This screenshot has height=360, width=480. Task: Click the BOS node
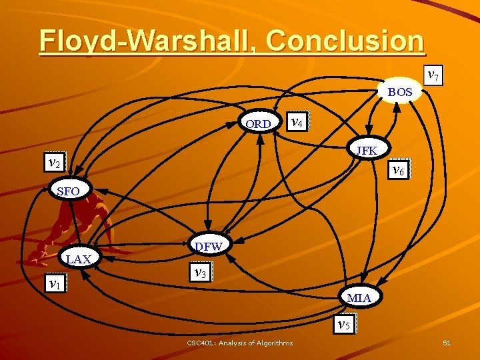(400, 92)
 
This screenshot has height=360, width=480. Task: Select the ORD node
(258, 123)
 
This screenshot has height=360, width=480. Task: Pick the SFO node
(69, 191)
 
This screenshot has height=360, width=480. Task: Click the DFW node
(208, 247)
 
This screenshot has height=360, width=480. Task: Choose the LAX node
(79, 259)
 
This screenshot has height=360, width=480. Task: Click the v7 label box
(433, 75)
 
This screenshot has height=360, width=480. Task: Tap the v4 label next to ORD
(298, 121)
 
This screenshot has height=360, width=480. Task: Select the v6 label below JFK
(398, 170)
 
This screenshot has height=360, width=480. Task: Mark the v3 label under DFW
(199, 272)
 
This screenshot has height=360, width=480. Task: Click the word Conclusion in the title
(344, 40)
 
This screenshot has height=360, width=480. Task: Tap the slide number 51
(447, 343)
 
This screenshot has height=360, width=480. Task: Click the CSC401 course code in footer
(201, 343)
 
